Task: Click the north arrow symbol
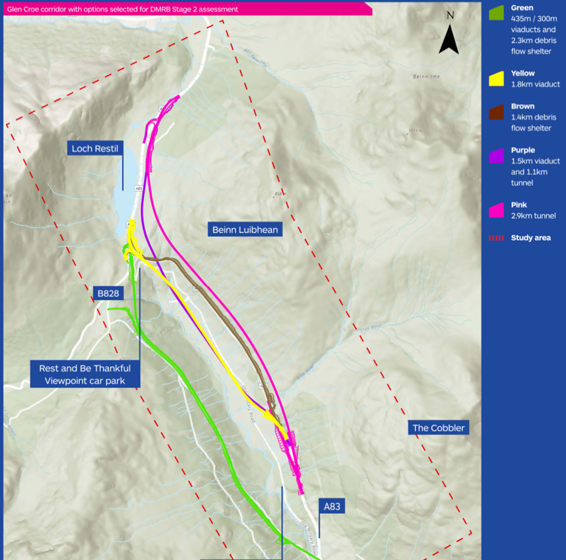[449, 40]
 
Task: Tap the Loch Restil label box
[95, 149]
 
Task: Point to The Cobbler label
[439, 428]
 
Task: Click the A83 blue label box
[331, 507]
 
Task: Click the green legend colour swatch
[497, 13]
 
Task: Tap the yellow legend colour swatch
[497, 79]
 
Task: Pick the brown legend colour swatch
[497, 111]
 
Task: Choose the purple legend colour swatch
[497, 156]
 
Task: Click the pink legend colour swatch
[497, 210]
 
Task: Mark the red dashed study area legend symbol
[497, 238]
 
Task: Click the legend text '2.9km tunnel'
[533, 216]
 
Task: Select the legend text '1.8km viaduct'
[535, 84]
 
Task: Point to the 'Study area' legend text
[530, 238]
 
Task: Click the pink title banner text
[123, 9]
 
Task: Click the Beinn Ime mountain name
[426, 77]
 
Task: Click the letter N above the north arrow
[450, 15]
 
